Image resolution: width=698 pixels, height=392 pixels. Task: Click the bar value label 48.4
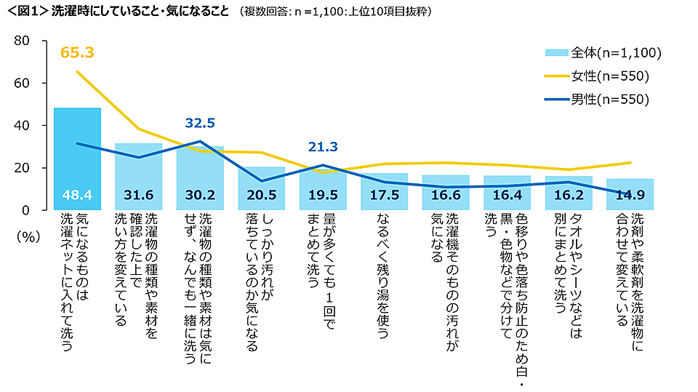click(x=77, y=196)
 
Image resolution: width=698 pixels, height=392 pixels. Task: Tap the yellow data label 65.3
click(x=77, y=52)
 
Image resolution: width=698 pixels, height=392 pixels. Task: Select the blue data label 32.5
click(x=199, y=124)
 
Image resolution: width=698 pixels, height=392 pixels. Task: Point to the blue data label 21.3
click(x=323, y=147)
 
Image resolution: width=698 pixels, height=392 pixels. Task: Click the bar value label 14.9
click(x=630, y=196)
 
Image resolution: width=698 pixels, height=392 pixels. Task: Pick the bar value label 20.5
click(x=261, y=196)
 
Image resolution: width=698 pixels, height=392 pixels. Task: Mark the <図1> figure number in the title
click(x=24, y=12)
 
